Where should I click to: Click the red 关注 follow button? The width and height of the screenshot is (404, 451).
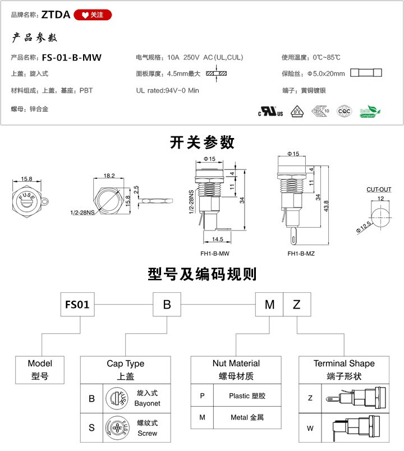click(93, 15)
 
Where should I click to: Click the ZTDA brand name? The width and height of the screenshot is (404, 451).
click(56, 15)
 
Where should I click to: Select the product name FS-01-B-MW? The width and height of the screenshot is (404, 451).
click(71, 57)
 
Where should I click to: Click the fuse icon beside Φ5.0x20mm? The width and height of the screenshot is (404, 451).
click(366, 73)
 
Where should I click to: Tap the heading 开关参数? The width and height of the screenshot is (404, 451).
click(202, 142)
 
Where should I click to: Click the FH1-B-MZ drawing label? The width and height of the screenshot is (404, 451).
click(301, 254)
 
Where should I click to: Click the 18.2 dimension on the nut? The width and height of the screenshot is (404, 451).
click(109, 176)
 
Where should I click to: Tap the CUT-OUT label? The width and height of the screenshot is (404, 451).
click(379, 190)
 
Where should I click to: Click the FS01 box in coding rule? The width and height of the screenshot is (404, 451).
click(77, 305)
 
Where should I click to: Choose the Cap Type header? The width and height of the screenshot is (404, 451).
click(125, 364)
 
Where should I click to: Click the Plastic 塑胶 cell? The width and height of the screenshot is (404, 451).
click(247, 395)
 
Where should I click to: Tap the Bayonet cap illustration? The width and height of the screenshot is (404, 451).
click(117, 399)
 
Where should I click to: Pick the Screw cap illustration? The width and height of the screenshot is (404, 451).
click(117, 429)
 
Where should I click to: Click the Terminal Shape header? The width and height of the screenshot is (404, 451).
click(344, 363)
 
